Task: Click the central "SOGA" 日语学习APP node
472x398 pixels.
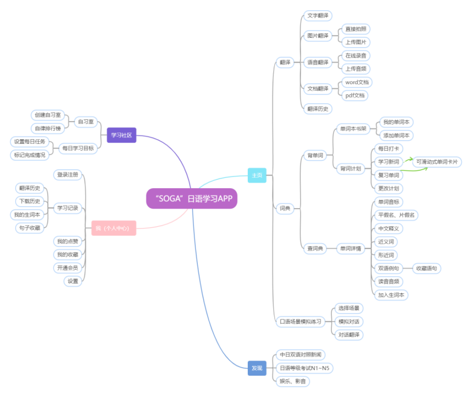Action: click(192, 198)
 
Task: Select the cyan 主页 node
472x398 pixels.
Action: click(257, 176)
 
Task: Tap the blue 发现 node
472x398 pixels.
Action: click(257, 368)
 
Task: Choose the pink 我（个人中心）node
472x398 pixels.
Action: click(112, 228)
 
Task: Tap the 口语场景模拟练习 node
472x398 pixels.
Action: click(300, 321)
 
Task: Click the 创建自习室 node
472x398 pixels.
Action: click(50, 115)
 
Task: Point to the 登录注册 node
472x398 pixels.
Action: click(68, 175)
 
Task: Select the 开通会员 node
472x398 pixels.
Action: click(67, 267)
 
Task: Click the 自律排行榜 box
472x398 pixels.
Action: click(50, 128)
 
